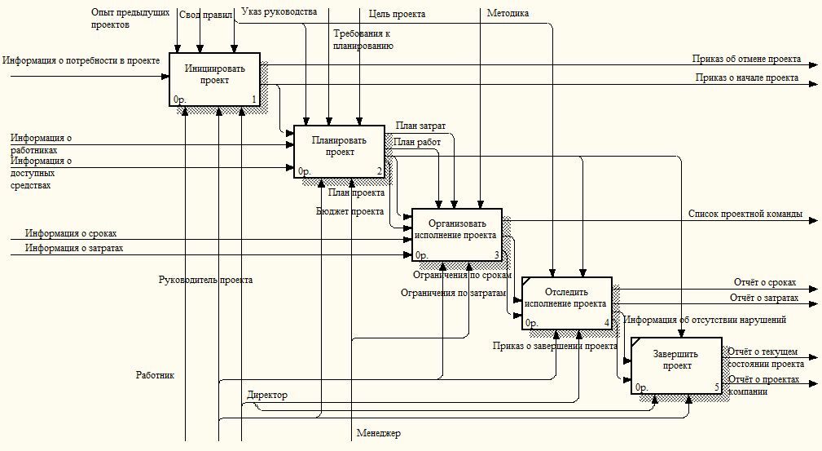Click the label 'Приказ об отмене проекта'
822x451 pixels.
(x=746, y=59)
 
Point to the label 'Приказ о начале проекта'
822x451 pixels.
(x=746, y=78)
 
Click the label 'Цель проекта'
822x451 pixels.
(x=397, y=14)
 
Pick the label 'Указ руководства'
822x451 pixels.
(x=279, y=11)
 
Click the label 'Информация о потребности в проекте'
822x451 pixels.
(x=81, y=60)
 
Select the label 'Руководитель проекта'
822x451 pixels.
(x=205, y=280)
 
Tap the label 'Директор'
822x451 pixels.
(x=266, y=395)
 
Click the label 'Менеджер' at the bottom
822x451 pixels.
(x=378, y=433)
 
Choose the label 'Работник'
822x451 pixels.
(x=155, y=375)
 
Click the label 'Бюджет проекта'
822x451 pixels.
(x=350, y=211)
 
